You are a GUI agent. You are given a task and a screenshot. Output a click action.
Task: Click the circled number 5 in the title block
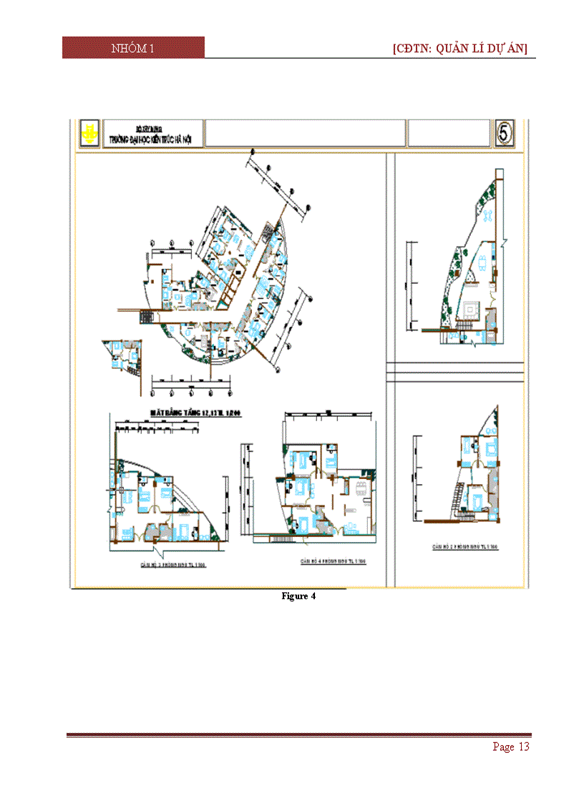505,132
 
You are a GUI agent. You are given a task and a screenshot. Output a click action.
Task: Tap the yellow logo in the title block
89,133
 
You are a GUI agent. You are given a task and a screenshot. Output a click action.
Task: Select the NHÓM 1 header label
133,48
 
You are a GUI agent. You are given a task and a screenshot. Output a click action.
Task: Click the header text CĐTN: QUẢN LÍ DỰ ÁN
460,48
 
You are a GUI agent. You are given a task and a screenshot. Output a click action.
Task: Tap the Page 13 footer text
511,747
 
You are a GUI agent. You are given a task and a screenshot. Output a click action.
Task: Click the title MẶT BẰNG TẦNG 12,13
193,412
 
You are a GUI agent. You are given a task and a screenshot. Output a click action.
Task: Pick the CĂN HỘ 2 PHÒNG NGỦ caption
464,546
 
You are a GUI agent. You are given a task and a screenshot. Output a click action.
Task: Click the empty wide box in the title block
305,133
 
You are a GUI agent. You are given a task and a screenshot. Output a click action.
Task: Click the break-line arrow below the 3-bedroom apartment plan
156,555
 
